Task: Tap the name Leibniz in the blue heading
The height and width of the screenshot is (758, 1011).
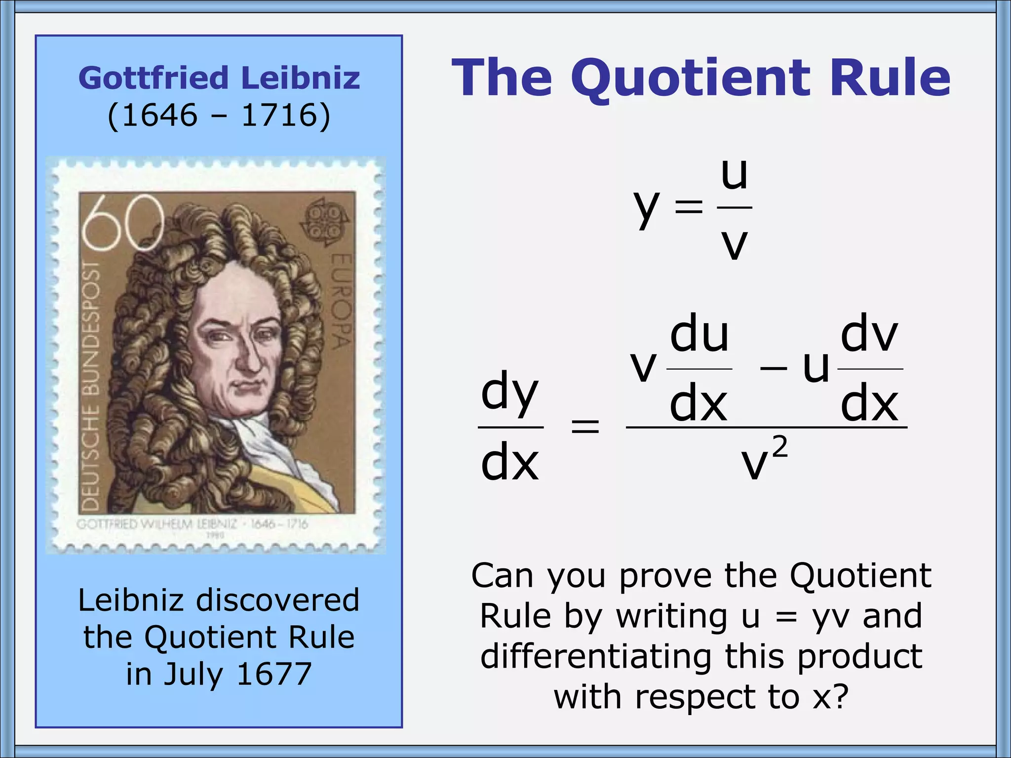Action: (x=301, y=78)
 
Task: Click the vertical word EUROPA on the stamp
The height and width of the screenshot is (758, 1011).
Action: (x=341, y=301)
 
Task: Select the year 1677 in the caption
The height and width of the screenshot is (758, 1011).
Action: (x=274, y=674)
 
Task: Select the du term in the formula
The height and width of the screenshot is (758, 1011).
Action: (x=699, y=334)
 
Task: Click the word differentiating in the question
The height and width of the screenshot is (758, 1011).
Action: (x=595, y=657)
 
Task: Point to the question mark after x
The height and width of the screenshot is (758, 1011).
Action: (x=840, y=696)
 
